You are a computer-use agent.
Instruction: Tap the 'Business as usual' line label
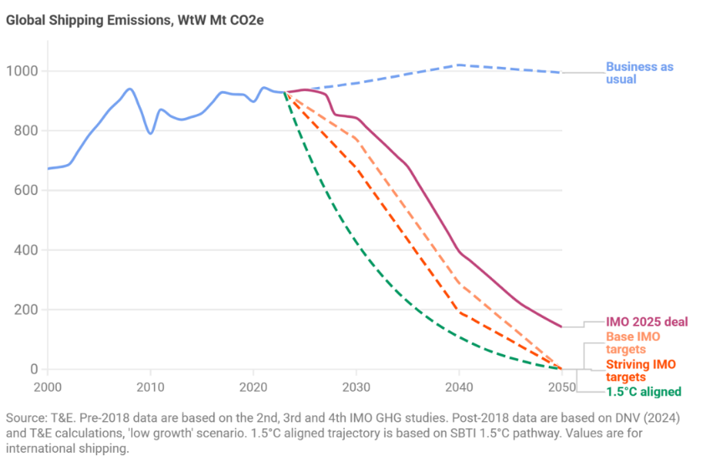click(638, 73)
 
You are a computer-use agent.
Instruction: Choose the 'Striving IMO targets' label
click(640, 371)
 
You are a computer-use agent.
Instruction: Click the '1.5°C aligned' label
click(643, 392)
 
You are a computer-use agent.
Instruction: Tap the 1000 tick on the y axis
click(23, 71)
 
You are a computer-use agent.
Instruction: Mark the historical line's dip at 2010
click(151, 133)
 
